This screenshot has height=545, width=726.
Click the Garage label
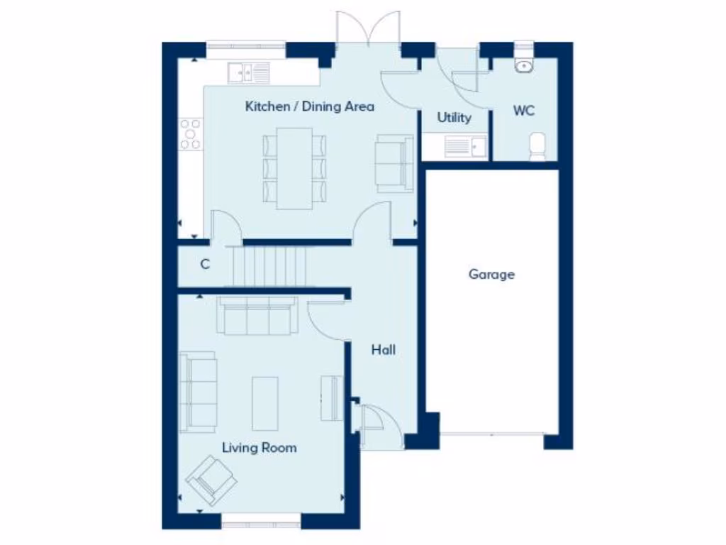[x=491, y=274]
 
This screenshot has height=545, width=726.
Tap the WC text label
[x=524, y=111]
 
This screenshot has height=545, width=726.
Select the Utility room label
[x=454, y=118]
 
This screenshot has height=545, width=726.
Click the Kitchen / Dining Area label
[x=310, y=106]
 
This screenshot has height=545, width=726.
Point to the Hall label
[x=384, y=350]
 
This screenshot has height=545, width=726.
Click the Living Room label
[x=259, y=448]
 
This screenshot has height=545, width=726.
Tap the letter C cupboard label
[x=205, y=265]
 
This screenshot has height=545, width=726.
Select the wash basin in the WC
[x=525, y=65]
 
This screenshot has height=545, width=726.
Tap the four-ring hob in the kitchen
[x=190, y=134]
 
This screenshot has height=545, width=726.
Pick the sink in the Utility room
[x=465, y=147]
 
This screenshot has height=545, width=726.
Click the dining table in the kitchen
[x=294, y=168]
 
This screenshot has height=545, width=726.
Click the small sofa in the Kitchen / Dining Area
[x=394, y=163]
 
